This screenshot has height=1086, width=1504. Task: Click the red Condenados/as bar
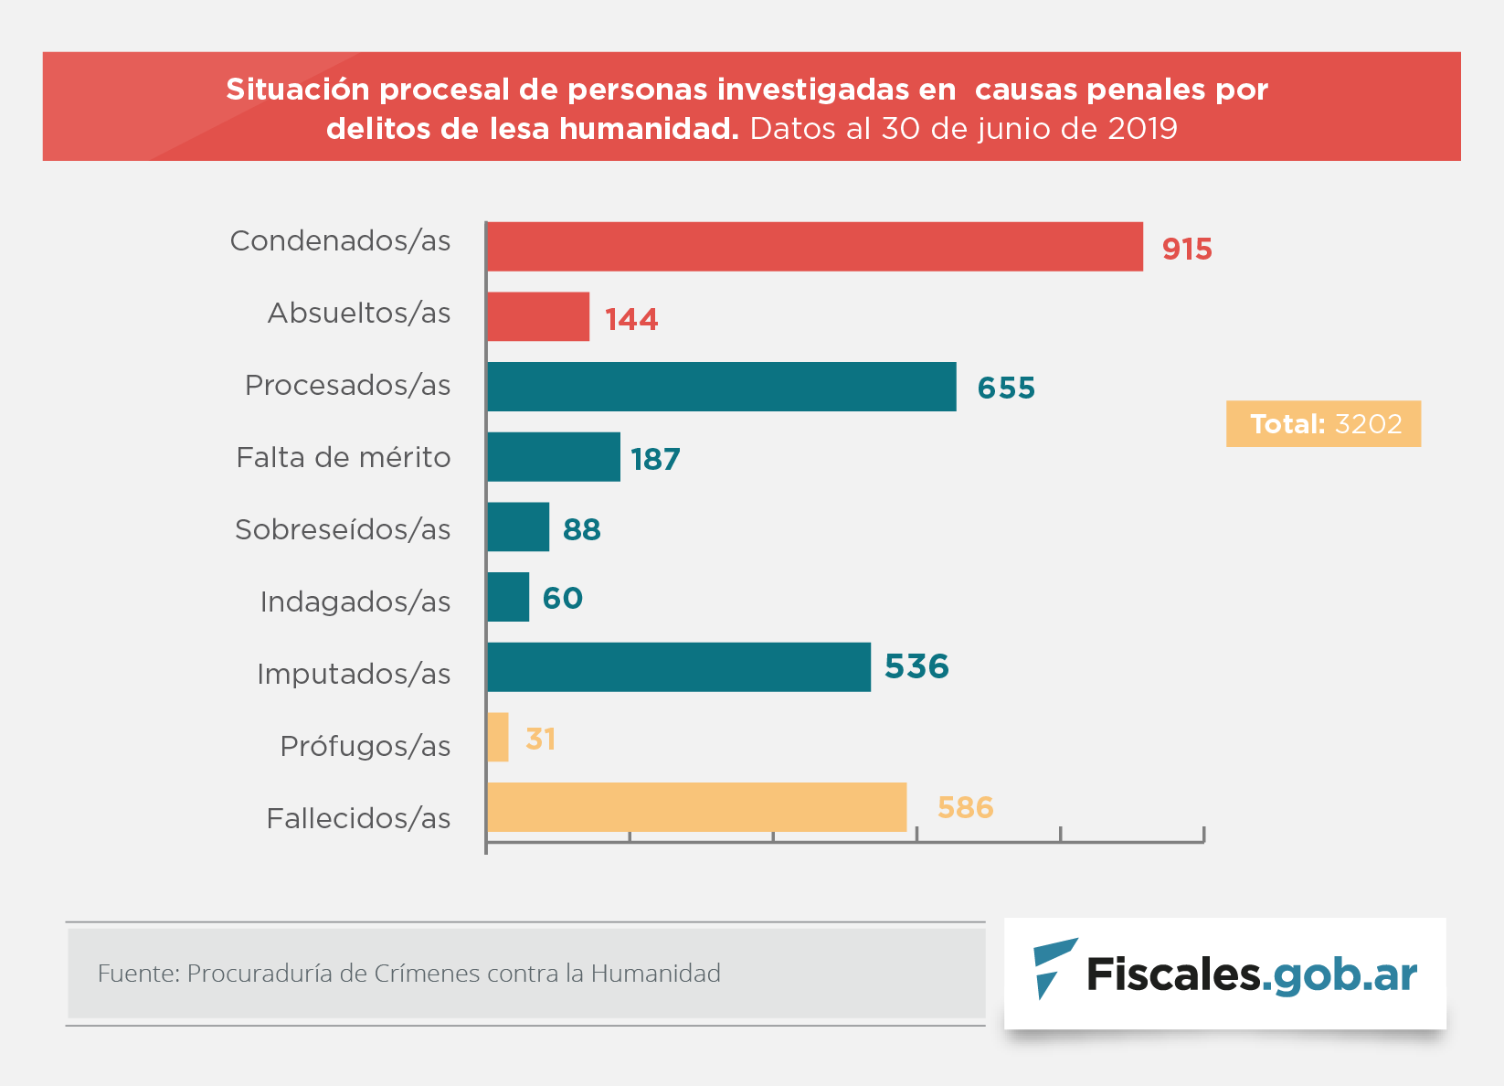point(814,247)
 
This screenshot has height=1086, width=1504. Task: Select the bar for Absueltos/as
point(538,316)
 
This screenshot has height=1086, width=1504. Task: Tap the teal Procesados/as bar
point(721,387)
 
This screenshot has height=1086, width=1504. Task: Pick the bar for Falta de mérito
point(554,457)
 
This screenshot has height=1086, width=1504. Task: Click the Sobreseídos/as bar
point(518,527)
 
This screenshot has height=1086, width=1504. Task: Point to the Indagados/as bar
point(508,597)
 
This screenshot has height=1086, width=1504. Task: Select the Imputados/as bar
point(678,667)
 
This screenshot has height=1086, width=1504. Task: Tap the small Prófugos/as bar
point(498,737)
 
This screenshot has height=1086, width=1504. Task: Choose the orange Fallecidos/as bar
point(696,807)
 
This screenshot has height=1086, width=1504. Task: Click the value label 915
point(1187,249)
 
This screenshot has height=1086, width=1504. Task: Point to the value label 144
point(631,319)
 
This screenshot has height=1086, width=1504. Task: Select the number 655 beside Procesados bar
point(1006,388)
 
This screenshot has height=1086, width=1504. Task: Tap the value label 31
point(541,739)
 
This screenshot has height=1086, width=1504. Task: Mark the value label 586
point(965,808)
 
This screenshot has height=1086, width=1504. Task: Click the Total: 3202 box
point(1323,424)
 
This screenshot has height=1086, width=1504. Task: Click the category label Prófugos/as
point(365,746)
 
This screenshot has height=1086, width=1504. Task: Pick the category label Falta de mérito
point(344,457)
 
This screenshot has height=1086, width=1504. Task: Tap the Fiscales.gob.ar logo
point(1225,973)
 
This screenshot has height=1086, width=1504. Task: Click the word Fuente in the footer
point(138,973)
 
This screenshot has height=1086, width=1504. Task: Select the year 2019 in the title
point(1142,129)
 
